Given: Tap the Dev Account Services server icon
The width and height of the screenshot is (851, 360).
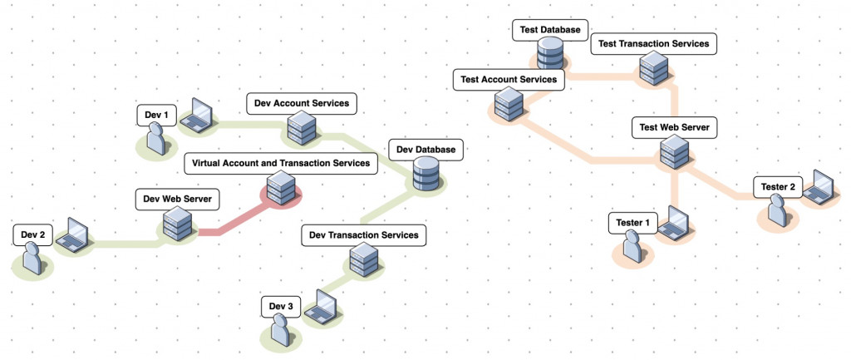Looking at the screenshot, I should (x=298, y=127).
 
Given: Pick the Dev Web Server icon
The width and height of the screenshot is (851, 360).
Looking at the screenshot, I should (x=178, y=223).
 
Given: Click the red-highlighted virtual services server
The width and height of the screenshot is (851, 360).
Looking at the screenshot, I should (x=282, y=188).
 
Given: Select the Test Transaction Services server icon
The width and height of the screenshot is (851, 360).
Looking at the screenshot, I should (x=653, y=67).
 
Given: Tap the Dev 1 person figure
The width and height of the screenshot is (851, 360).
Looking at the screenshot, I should (x=155, y=140).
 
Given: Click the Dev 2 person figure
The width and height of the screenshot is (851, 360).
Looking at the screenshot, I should (x=34, y=259).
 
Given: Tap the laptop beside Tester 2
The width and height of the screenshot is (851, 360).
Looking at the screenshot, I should (x=821, y=188).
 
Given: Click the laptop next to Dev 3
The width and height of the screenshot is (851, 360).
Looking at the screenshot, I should (x=321, y=308).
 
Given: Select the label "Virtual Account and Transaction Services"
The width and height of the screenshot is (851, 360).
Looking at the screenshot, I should (x=281, y=163).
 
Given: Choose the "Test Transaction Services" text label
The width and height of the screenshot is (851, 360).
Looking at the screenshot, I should (x=653, y=43).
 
